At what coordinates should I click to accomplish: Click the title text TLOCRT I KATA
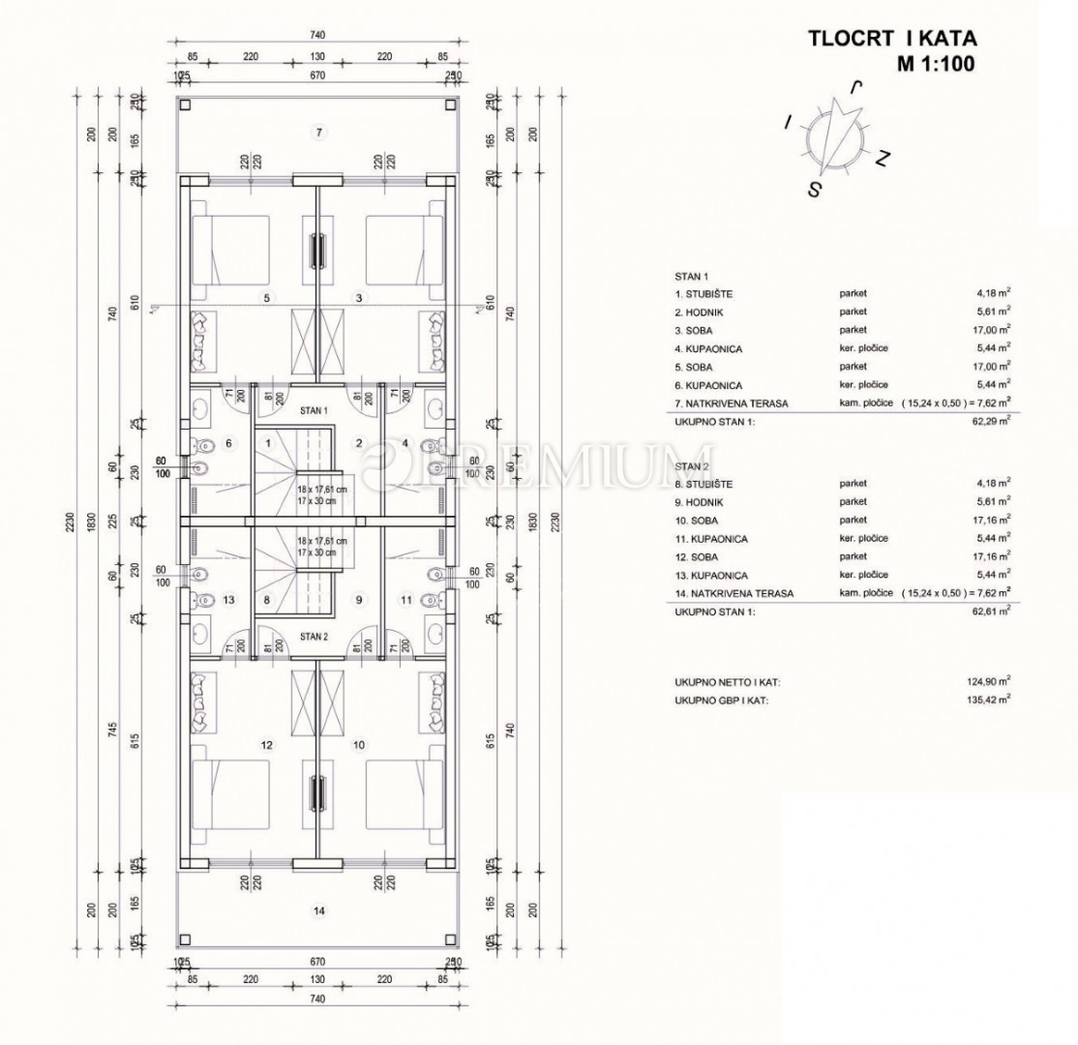click(x=891, y=40)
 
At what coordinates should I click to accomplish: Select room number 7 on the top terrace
click(x=316, y=131)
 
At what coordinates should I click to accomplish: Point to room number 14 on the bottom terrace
click(x=316, y=911)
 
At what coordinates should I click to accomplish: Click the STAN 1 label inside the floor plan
click(x=314, y=410)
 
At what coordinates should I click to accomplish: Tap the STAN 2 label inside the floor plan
click(x=314, y=637)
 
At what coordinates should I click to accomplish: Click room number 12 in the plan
click(x=266, y=745)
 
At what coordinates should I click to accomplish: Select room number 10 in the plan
click(x=359, y=745)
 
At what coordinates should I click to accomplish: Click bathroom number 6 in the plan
click(x=228, y=443)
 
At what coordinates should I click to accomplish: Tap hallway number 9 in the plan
click(x=359, y=600)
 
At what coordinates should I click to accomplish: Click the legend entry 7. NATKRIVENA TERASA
click(x=735, y=403)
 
